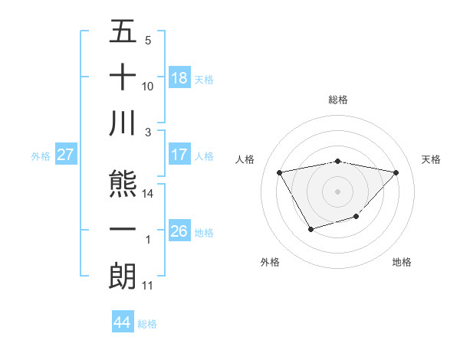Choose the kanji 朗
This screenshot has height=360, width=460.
[x=123, y=276]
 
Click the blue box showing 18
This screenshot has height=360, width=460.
[x=179, y=78]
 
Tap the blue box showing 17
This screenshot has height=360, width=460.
[x=179, y=155]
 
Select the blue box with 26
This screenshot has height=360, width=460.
[x=179, y=231]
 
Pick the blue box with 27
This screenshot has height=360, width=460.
[x=66, y=155]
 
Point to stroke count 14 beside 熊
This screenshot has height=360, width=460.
[x=149, y=194]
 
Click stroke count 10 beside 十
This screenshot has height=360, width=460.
[x=149, y=86]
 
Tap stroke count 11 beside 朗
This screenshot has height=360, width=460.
[x=149, y=286]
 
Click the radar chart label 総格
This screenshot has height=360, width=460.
[x=337, y=100]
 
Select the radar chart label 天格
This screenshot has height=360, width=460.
[x=432, y=159]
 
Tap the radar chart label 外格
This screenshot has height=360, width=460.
[x=269, y=262]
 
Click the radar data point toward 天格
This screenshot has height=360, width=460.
[x=396, y=172]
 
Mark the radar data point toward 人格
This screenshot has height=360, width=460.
[x=279, y=172]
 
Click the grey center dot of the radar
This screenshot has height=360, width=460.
[x=337, y=191]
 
